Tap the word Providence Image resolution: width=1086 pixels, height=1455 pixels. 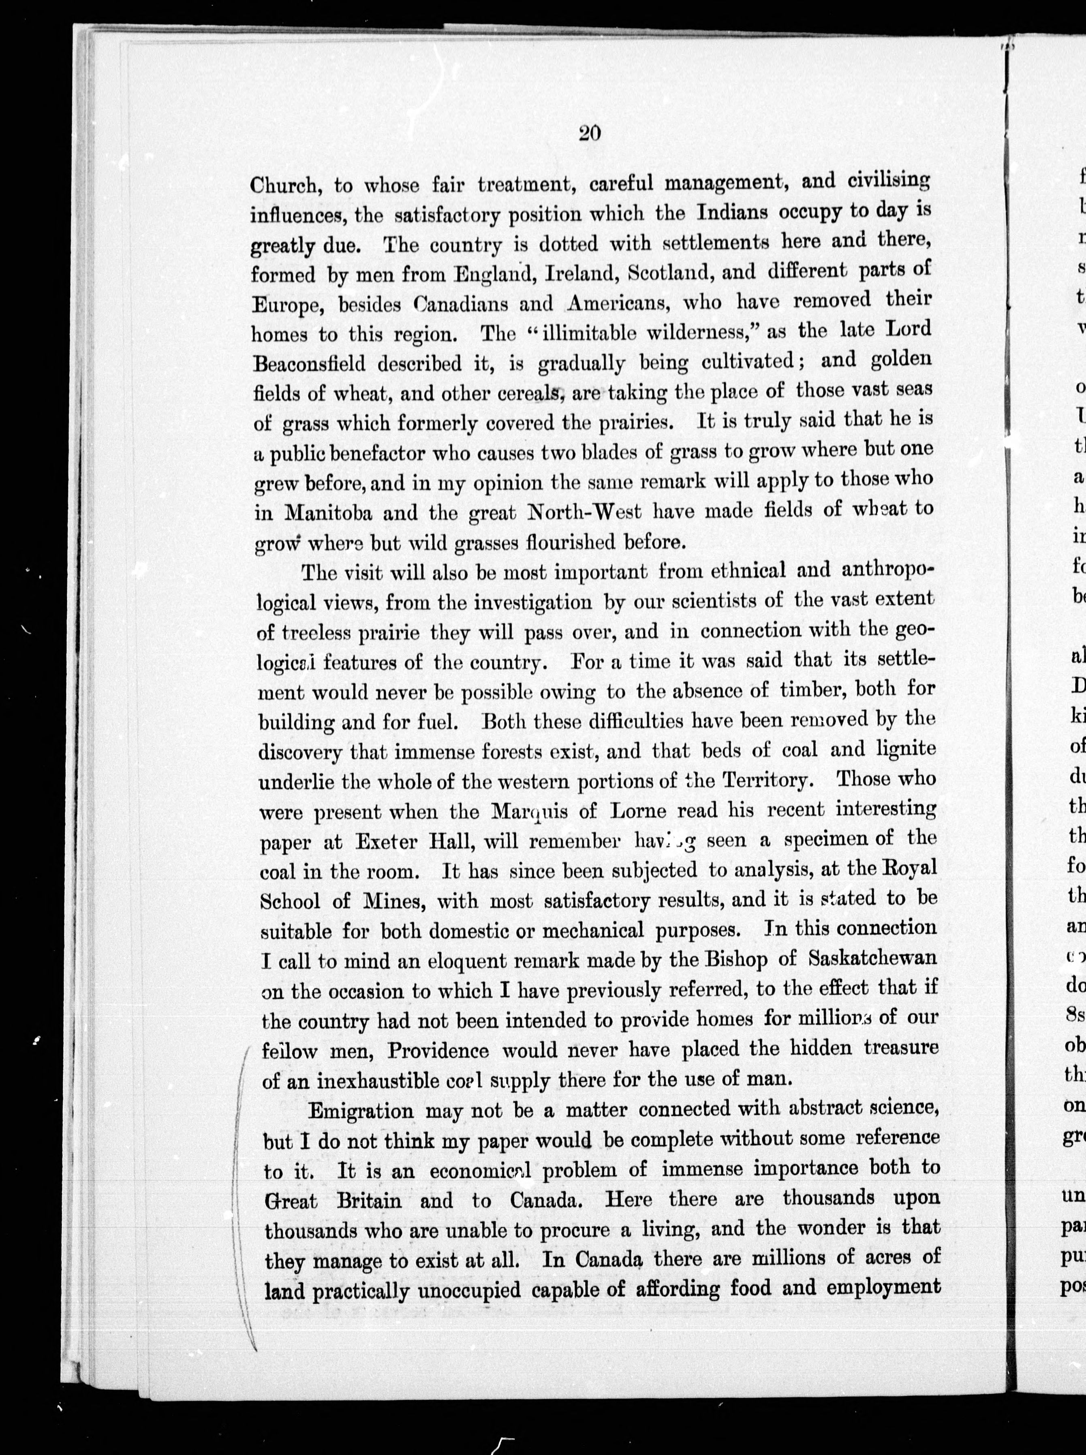[437, 1050]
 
